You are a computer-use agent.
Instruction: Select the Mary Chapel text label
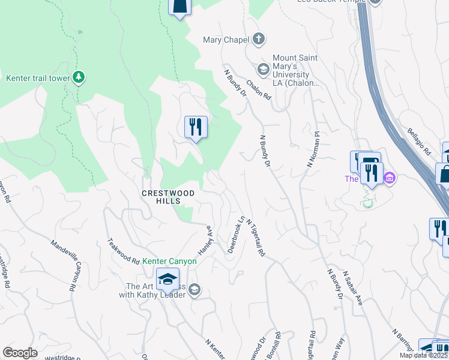225,40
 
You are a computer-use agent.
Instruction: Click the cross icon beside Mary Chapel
259,40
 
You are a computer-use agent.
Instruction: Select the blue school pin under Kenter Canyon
167,278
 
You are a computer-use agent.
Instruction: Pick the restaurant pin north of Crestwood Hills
196,127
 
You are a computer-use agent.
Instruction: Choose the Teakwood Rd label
124,253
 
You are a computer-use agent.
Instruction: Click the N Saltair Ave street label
353,289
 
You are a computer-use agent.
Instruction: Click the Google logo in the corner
20,353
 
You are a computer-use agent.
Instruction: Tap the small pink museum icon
390,178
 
